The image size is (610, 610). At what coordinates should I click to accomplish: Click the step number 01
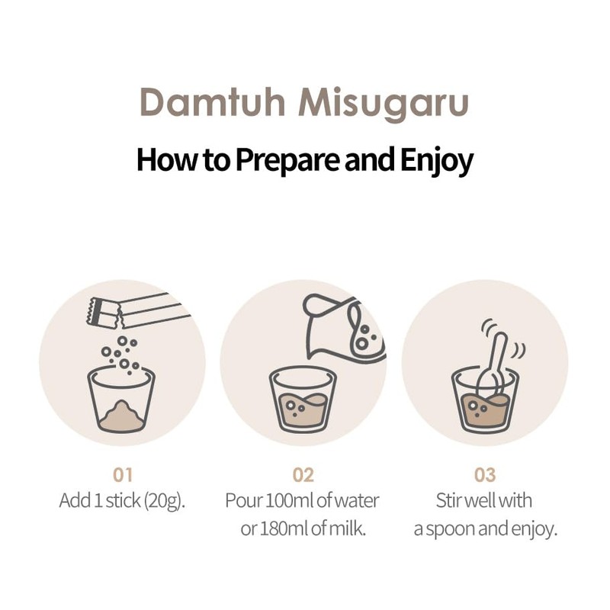tap(123, 475)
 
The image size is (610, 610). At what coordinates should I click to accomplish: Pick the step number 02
tap(303, 475)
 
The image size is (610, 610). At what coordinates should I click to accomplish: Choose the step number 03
tap(485, 475)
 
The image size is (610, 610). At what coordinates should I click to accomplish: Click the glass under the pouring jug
tap(303, 400)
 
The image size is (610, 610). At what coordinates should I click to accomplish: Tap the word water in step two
tap(358, 501)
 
